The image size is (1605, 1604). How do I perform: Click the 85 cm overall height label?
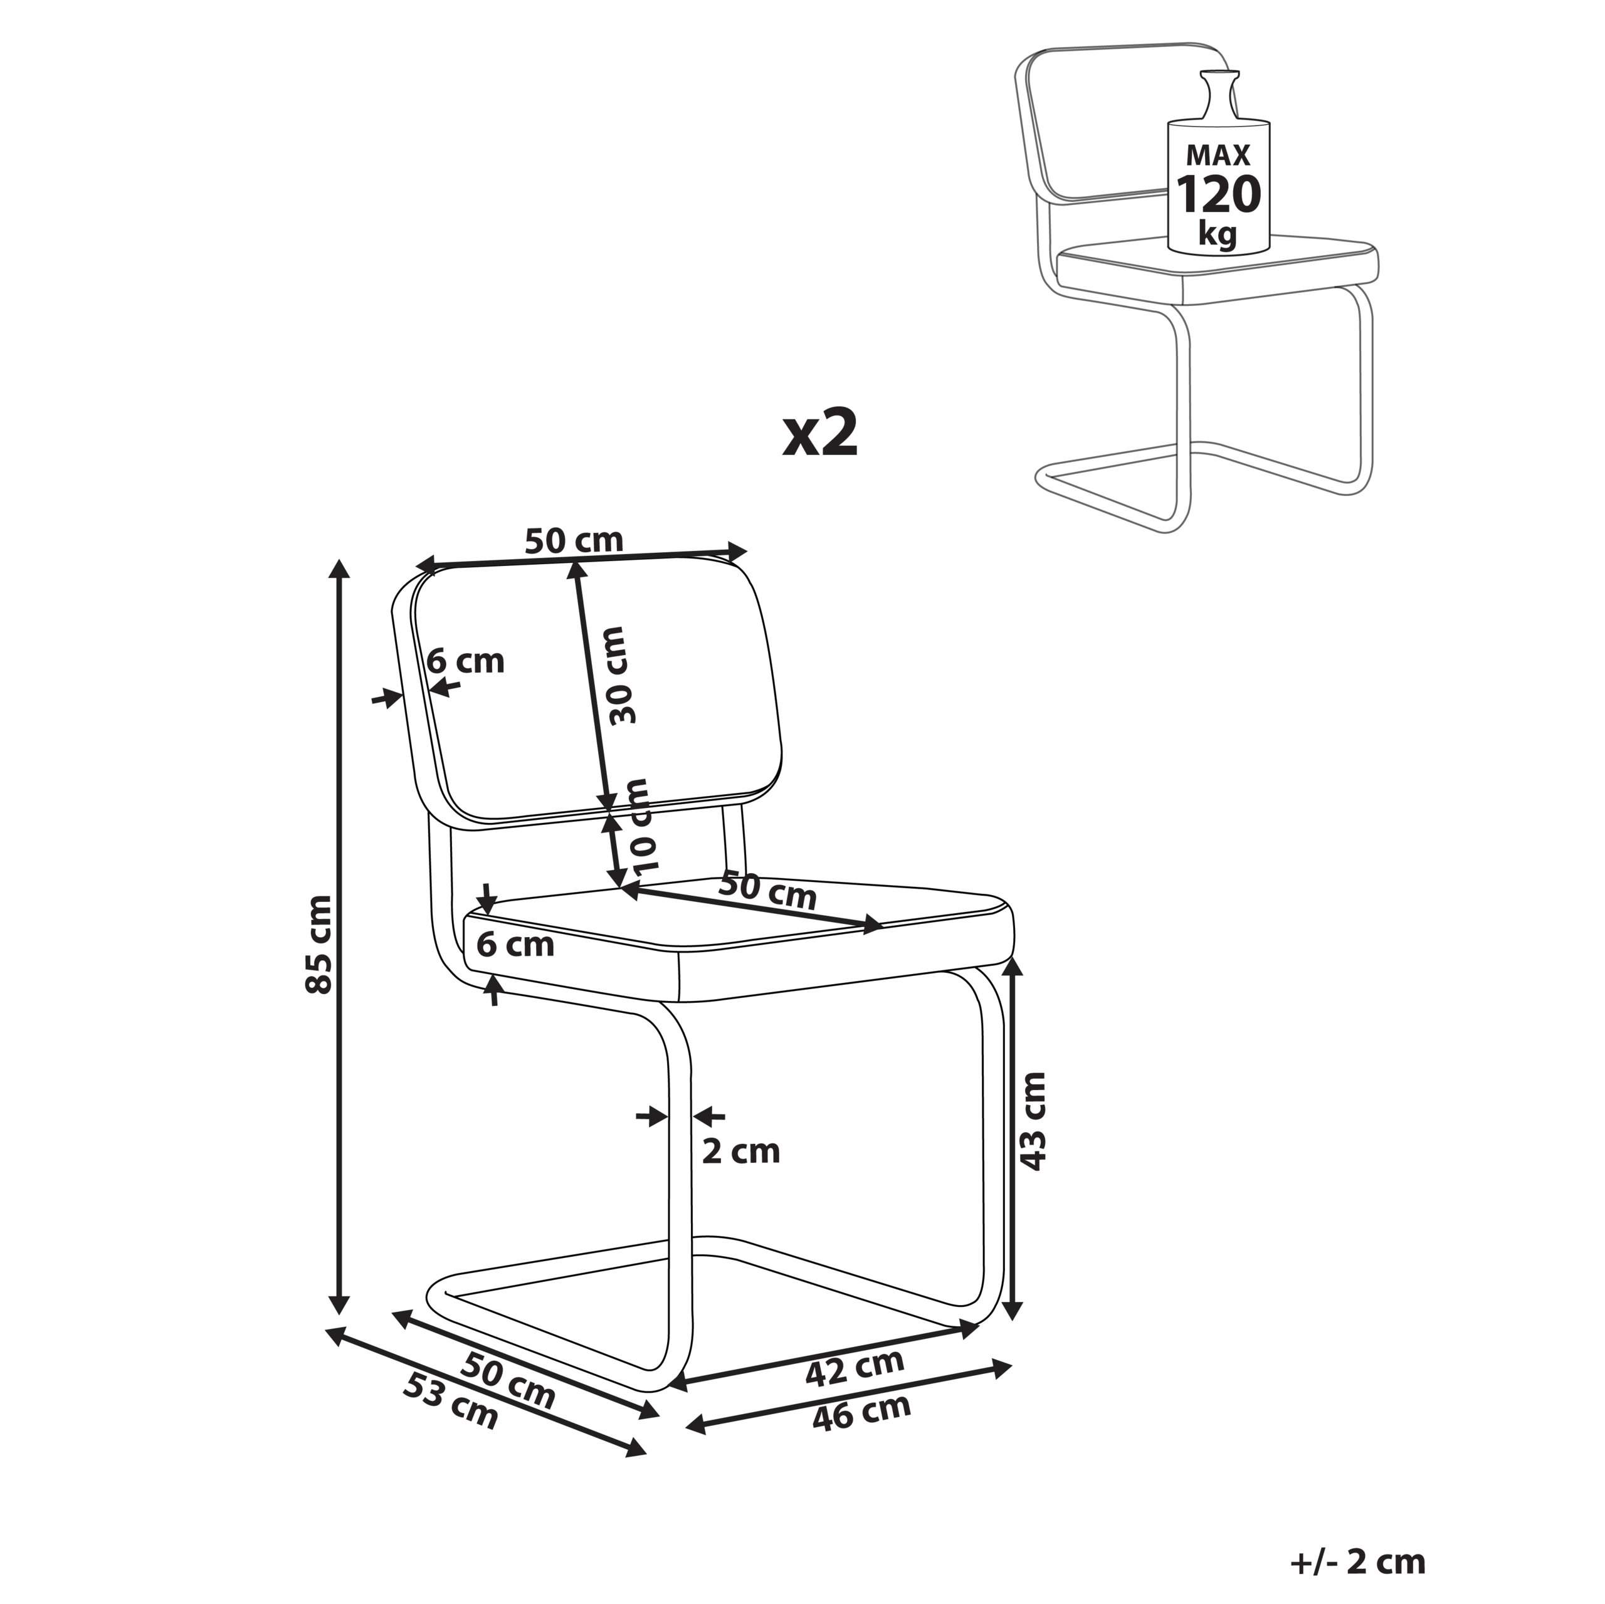pos(319,945)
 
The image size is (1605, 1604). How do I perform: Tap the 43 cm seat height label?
pos(1033,1121)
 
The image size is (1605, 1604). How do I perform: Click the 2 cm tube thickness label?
pos(741,1151)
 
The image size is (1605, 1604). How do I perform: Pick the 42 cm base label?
pos(855,1367)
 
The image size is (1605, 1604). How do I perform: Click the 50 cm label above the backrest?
pos(574,541)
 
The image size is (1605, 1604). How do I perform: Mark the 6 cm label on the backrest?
pos(466,661)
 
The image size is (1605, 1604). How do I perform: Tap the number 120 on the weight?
pos(1218,195)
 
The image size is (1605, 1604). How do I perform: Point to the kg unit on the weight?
pos(1218,235)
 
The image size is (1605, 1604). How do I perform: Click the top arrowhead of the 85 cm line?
pos(339,568)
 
